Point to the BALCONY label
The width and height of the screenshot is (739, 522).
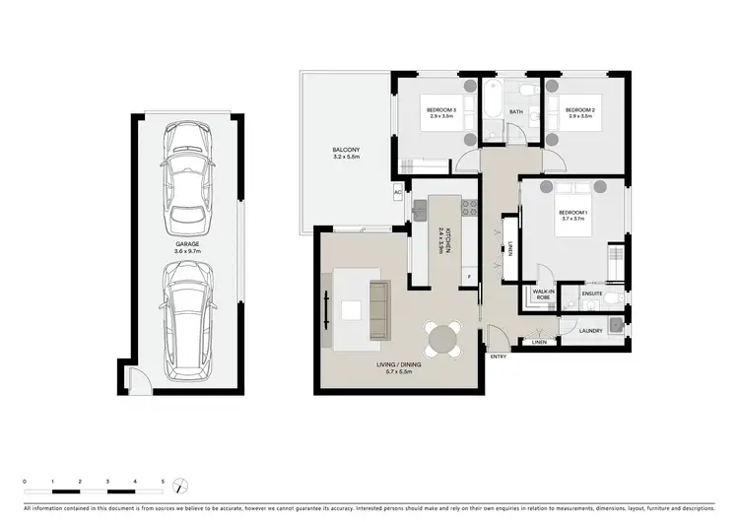[345, 152]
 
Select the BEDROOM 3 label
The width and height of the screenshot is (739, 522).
[439, 110]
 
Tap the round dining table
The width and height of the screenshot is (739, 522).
[439, 341]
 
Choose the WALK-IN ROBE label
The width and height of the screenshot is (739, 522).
[542, 294]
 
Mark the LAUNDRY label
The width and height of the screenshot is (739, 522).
[590, 331]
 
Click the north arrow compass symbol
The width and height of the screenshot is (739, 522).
[179, 487]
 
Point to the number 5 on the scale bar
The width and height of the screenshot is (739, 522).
[163, 481]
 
